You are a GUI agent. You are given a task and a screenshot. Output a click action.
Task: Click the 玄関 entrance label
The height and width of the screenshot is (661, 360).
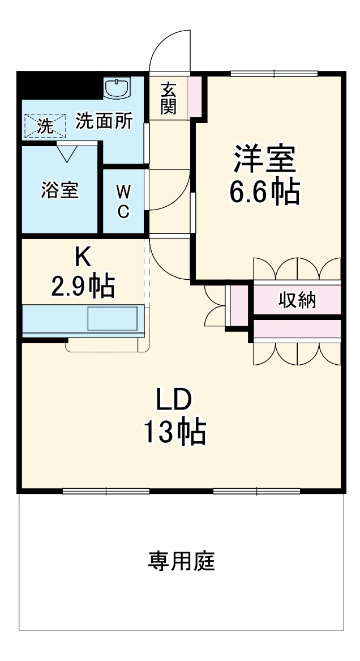pos(168,99)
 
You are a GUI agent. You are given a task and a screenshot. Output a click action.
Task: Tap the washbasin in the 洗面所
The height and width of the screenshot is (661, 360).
pos(118,87)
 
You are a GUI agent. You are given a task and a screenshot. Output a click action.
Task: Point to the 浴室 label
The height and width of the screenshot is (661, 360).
pos(59,190)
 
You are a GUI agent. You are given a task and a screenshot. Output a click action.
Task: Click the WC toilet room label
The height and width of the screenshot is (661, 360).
pos(123,202)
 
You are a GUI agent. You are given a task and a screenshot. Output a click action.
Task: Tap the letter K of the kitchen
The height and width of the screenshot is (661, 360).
pos(83,258)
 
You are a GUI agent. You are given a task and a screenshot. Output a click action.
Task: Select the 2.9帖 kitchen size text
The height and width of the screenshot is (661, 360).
pos(83,287)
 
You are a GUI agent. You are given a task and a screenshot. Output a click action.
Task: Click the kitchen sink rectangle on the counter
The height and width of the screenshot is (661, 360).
pos(112,318)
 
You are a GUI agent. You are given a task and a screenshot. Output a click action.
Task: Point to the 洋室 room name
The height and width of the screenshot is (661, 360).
pos(264,159)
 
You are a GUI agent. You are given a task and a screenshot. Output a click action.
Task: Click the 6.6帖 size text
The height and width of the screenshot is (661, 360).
pos(264,193)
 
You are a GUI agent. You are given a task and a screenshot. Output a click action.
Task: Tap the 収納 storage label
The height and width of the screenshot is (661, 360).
pos(297,300)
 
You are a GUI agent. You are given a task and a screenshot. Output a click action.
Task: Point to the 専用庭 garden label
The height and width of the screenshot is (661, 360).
pos(182,561)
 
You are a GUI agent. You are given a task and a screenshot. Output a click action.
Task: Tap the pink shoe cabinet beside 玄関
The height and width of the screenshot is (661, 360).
pos(194,97)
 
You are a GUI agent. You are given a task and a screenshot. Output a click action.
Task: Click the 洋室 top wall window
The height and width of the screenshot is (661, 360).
pos(274,73)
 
